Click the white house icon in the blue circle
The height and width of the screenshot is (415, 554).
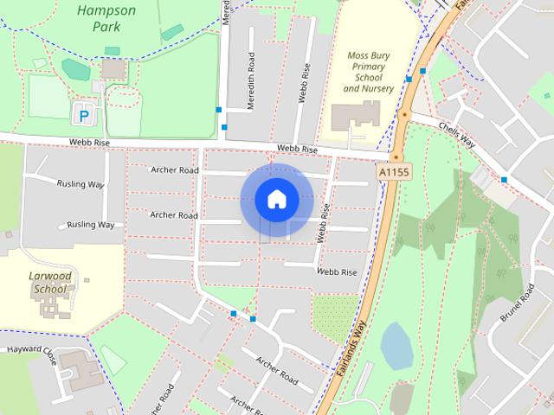[276, 199]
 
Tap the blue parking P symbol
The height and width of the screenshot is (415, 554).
[84, 113]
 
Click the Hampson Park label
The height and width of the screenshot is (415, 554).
[106, 18]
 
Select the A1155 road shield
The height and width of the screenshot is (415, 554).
[394, 173]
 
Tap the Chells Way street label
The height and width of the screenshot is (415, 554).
[457, 133]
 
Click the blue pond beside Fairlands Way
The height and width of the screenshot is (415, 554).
[396, 346]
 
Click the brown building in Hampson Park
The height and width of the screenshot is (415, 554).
[113, 68]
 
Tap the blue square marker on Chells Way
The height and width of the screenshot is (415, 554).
[503, 180]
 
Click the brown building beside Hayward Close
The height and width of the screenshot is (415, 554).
[82, 370]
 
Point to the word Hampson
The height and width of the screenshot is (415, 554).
[106, 10]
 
